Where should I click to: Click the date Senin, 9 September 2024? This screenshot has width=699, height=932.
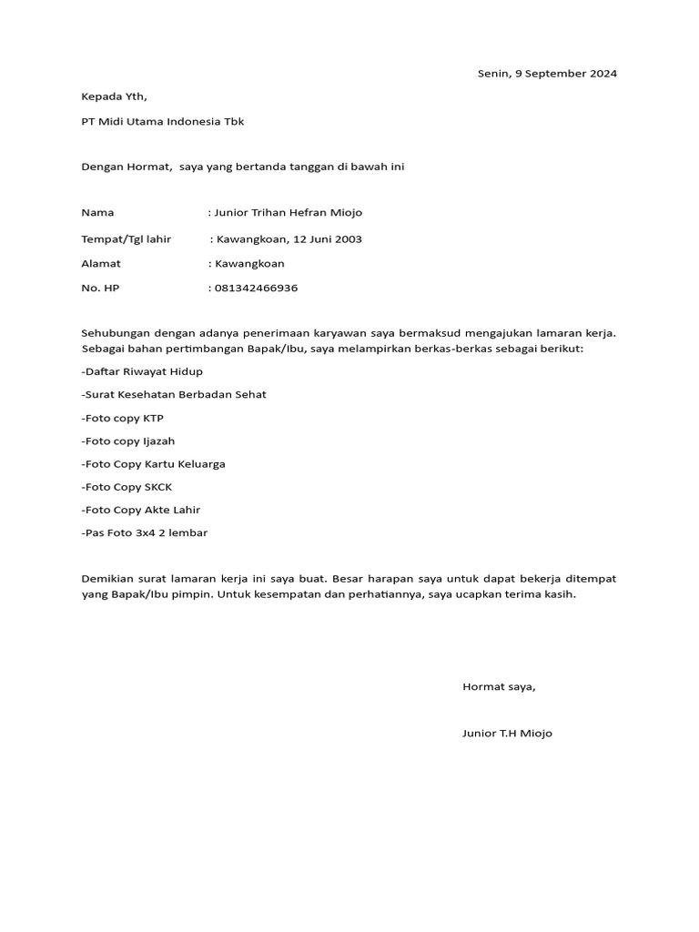[547, 74]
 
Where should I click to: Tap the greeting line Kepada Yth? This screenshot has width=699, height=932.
[114, 96]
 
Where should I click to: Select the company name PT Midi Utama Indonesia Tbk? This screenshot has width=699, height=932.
[163, 121]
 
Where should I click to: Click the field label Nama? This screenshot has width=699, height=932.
[98, 212]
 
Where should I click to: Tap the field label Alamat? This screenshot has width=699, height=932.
[101, 264]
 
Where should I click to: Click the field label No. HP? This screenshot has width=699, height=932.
[100, 289]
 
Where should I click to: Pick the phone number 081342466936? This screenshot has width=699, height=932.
[256, 289]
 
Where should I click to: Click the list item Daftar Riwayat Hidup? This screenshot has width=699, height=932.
[142, 371]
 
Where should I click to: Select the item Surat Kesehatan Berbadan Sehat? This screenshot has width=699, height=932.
[174, 394]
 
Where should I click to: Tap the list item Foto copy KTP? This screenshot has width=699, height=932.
[123, 418]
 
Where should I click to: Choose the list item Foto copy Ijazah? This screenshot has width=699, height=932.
[128, 441]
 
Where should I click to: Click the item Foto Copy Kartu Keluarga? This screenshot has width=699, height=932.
[153, 464]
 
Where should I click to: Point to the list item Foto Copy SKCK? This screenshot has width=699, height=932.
[127, 487]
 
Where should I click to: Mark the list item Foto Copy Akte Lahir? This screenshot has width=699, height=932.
[141, 510]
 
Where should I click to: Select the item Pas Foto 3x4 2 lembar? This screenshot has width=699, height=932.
[145, 532]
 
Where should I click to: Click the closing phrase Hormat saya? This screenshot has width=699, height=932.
[499, 686]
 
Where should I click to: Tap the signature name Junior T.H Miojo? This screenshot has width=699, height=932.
[507, 733]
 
